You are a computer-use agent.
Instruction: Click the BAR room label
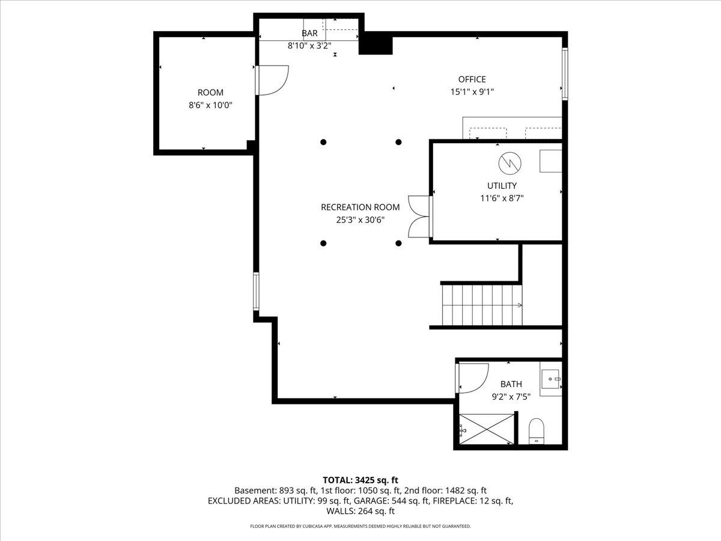(x=309, y=34)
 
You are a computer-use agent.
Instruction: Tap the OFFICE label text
(x=472, y=79)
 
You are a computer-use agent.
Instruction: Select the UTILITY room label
(x=502, y=186)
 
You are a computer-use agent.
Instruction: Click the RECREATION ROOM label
(x=360, y=207)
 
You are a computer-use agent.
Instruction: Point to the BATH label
(x=511, y=384)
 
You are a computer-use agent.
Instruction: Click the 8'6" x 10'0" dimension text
(x=210, y=105)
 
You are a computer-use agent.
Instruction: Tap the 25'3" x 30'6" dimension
(x=360, y=220)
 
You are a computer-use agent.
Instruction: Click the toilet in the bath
(x=536, y=432)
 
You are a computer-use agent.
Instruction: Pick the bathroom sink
(x=551, y=379)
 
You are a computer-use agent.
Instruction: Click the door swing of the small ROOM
(x=273, y=79)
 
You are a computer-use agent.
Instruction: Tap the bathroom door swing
(x=472, y=378)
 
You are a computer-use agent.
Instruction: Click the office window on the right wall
(x=564, y=73)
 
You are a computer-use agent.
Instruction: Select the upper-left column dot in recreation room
(x=323, y=142)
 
